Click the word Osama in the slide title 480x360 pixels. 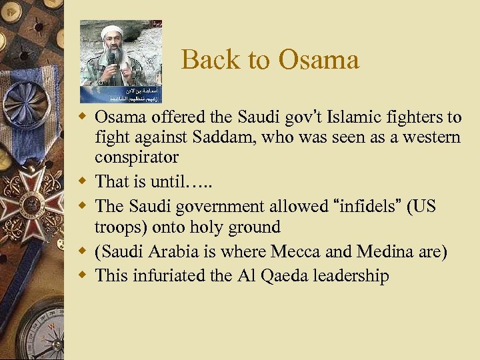point(319,60)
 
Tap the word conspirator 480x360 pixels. point(137,157)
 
